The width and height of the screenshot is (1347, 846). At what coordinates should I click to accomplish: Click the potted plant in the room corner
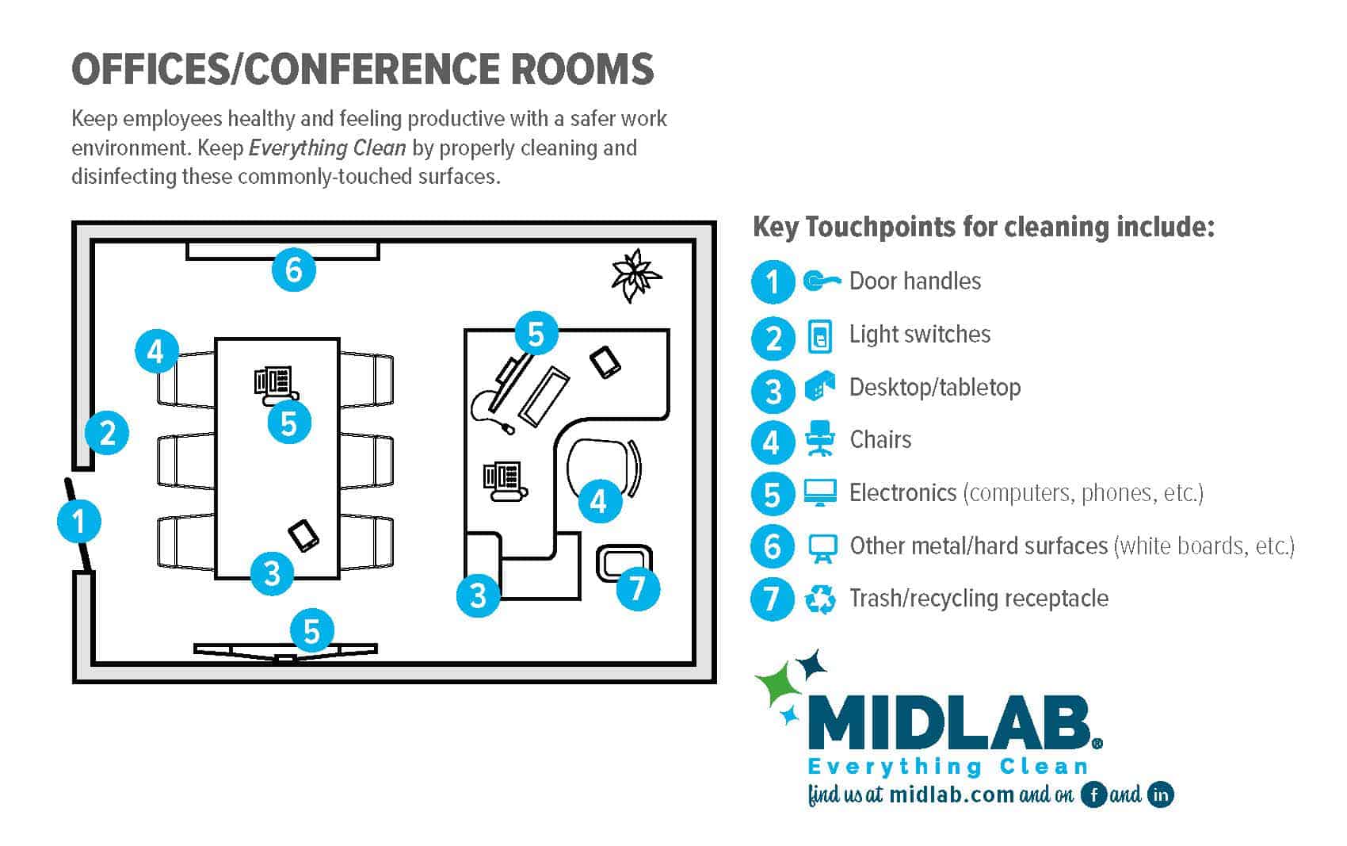[635, 275]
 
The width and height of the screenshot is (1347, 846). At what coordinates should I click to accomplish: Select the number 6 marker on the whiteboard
[293, 270]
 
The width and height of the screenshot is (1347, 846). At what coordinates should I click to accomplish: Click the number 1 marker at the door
[78, 522]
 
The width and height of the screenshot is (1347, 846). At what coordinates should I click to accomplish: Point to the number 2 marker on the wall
[107, 432]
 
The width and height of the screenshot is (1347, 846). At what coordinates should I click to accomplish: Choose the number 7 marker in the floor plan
[637, 588]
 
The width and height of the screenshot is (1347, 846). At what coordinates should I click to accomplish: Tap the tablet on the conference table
[303, 535]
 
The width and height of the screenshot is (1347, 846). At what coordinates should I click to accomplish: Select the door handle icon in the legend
[820, 281]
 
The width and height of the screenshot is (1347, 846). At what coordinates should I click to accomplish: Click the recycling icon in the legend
[820, 599]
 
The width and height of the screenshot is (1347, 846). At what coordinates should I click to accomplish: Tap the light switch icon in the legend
[820, 335]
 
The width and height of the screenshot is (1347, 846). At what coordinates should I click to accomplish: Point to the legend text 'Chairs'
[880, 440]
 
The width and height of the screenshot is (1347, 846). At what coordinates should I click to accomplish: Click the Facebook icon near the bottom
[1093, 794]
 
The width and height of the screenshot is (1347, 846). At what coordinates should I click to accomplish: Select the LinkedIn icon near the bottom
[1161, 794]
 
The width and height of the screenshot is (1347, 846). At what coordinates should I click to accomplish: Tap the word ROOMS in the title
[582, 69]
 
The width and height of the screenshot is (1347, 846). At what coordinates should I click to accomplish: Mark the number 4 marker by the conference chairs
[155, 350]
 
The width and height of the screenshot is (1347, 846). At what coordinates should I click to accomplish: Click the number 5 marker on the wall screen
[311, 631]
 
